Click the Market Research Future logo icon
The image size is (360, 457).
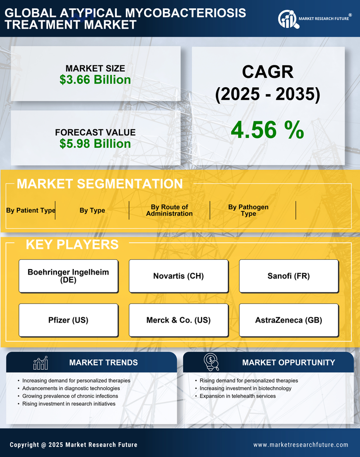click(x=287, y=19)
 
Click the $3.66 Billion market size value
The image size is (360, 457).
click(x=95, y=80)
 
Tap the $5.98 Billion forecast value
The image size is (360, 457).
click(x=95, y=144)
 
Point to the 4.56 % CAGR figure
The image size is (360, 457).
click(x=267, y=130)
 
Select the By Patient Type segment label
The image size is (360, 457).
click(x=31, y=210)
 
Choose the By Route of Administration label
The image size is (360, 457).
click(x=169, y=210)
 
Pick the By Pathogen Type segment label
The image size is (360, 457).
click(x=248, y=210)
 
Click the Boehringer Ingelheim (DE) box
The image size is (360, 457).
click(x=68, y=276)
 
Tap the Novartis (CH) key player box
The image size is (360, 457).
click(x=178, y=276)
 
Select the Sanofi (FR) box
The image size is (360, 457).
click(x=289, y=276)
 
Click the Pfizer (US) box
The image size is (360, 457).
click(x=68, y=320)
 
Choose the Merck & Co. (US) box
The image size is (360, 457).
click(x=178, y=320)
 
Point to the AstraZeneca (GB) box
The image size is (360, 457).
click(x=289, y=320)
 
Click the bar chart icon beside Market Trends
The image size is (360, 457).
click(x=40, y=363)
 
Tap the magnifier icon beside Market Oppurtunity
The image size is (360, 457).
click(x=211, y=362)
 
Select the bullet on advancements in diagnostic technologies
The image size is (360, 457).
click(x=71, y=388)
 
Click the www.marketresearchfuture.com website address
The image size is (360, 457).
click(x=301, y=445)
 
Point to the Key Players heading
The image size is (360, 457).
click(x=72, y=244)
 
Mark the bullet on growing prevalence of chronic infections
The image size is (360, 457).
click(x=70, y=396)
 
